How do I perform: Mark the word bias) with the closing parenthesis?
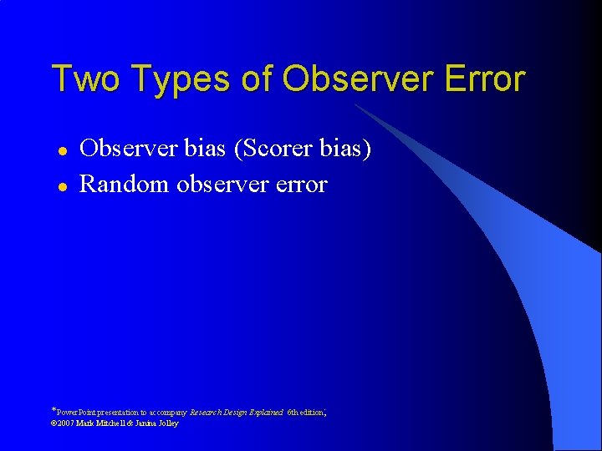click(344, 149)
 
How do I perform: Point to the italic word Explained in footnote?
click(267, 413)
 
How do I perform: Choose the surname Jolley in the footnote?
click(166, 423)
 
